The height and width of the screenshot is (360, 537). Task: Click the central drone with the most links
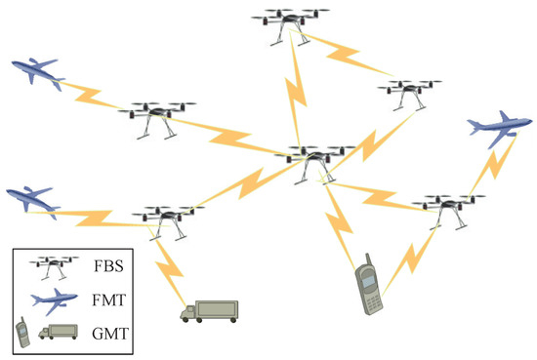click(x=312, y=159)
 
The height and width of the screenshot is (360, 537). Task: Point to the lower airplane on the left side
click(x=32, y=199)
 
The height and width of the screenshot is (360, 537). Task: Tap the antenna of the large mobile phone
click(x=361, y=261)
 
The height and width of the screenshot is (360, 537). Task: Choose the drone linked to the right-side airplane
click(x=445, y=208)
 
